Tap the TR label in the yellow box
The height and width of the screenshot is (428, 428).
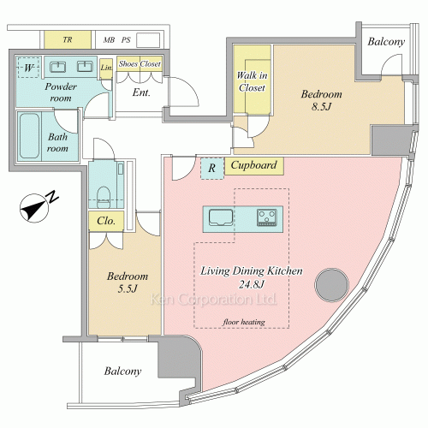coord(68,39)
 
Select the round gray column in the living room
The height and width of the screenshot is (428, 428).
coord(331,284)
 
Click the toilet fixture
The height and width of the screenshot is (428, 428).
coord(104,197)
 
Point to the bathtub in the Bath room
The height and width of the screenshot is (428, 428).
coord(29,135)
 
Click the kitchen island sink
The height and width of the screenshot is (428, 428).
coord(221,217)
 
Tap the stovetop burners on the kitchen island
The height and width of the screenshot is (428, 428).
coord(267,217)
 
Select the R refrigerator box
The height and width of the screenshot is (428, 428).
coord(212,169)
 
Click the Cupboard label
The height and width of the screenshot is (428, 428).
coord(253,165)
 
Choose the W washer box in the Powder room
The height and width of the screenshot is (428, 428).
coord(28,68)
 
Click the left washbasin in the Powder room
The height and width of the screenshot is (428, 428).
coord(58,67)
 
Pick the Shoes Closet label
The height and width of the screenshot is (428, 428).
coord(140,64)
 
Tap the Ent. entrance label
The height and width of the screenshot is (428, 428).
coord(141,92)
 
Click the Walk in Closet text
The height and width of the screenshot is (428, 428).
coord(253,81)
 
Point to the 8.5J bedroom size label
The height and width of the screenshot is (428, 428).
coord(321,107)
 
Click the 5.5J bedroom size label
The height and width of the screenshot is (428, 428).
coord(128,288)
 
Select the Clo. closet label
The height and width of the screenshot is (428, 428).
coord(106,221)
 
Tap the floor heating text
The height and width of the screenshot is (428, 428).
coord(244,322)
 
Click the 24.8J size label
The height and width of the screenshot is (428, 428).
coord(252,284)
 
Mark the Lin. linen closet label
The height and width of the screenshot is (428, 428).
coord(106,68)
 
